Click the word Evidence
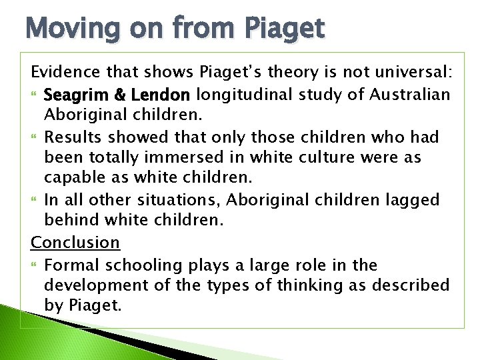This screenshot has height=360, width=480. [x=63, y=72]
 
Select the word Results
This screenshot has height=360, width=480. [x=71, y=137]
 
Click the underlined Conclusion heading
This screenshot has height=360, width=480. [x=76, y=243]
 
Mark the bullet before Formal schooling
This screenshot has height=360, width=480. [x=35, y=265]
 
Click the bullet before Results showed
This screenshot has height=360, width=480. [x=35, y=137]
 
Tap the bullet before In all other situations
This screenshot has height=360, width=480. [x=35, y=201]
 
